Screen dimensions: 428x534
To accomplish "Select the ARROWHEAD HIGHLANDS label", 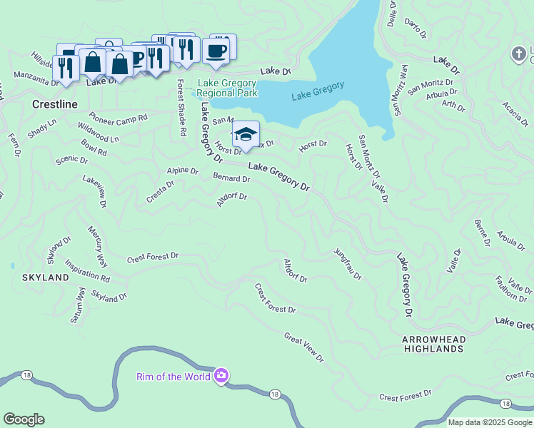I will pyautogui.click(x=433, y=344).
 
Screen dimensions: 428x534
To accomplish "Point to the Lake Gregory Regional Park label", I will pyautogui.click(x=227, y=88).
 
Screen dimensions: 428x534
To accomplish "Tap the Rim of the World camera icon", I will pyautogui.click(x=221, y=376).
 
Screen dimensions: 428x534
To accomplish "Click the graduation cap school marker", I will pyautogui.click(x=245, y=135).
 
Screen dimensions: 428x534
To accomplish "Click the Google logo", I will pyautogui.click(x=24, y=419).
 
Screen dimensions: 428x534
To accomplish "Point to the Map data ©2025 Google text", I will pyautogui.click(x=489, y=422).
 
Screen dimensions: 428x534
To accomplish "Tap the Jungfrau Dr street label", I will pyautogui.click(x=347, y=263).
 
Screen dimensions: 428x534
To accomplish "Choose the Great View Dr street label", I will pyautogui.click(x=303, y=347).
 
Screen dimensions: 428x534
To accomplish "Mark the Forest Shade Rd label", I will pyautogui.click(x=181, y=108).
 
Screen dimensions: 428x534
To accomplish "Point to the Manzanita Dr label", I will pyautogui.click(x=36, y=78).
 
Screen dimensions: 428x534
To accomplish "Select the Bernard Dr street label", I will pyautogui.click(x=231, y=177).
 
